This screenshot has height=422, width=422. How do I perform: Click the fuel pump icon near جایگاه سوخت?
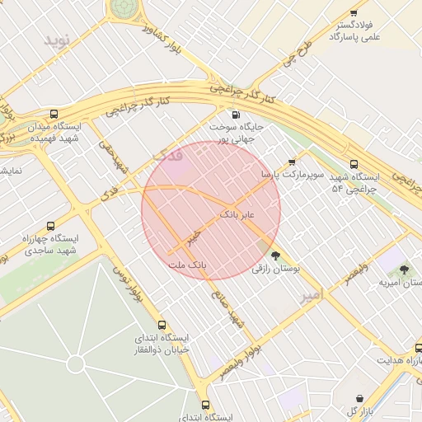pos(237,115)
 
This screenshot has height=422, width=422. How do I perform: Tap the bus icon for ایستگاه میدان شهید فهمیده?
pos(54,115)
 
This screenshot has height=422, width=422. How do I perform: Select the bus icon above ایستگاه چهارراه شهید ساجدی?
pos(51,226)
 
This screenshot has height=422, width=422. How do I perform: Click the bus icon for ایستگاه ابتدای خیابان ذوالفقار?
pos(162,326)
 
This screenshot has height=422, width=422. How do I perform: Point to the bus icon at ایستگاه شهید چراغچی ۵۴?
pos(354,164)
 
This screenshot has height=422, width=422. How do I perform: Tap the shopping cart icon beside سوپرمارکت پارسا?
pos(292,162)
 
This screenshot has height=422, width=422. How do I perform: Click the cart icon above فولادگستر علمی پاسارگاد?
pos(354,13)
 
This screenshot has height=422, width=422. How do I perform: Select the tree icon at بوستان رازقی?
pos(275,256)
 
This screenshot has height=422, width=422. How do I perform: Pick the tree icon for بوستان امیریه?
pos(404,270)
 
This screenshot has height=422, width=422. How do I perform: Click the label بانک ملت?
pos(185,265)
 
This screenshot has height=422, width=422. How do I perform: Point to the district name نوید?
pos(59,40)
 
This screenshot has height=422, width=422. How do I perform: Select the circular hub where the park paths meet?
pos(76,363)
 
